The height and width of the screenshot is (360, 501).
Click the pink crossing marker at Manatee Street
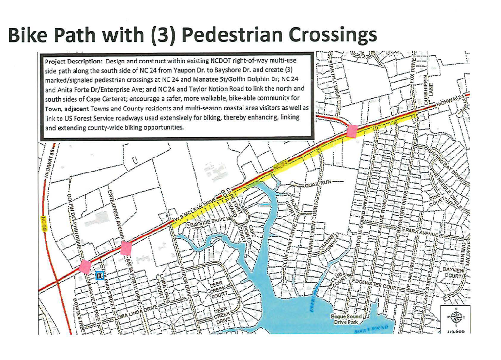[85, 266]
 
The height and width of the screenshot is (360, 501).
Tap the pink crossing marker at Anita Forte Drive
[126, 248]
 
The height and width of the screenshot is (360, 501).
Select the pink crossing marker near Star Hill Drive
[352, 130]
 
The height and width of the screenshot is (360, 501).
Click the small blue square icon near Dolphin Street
[100, 275]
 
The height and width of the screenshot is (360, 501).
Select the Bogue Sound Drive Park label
[346, 319]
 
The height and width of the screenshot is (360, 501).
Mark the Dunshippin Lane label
[428, 85]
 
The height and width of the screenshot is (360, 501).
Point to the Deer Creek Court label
[218, 290]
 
